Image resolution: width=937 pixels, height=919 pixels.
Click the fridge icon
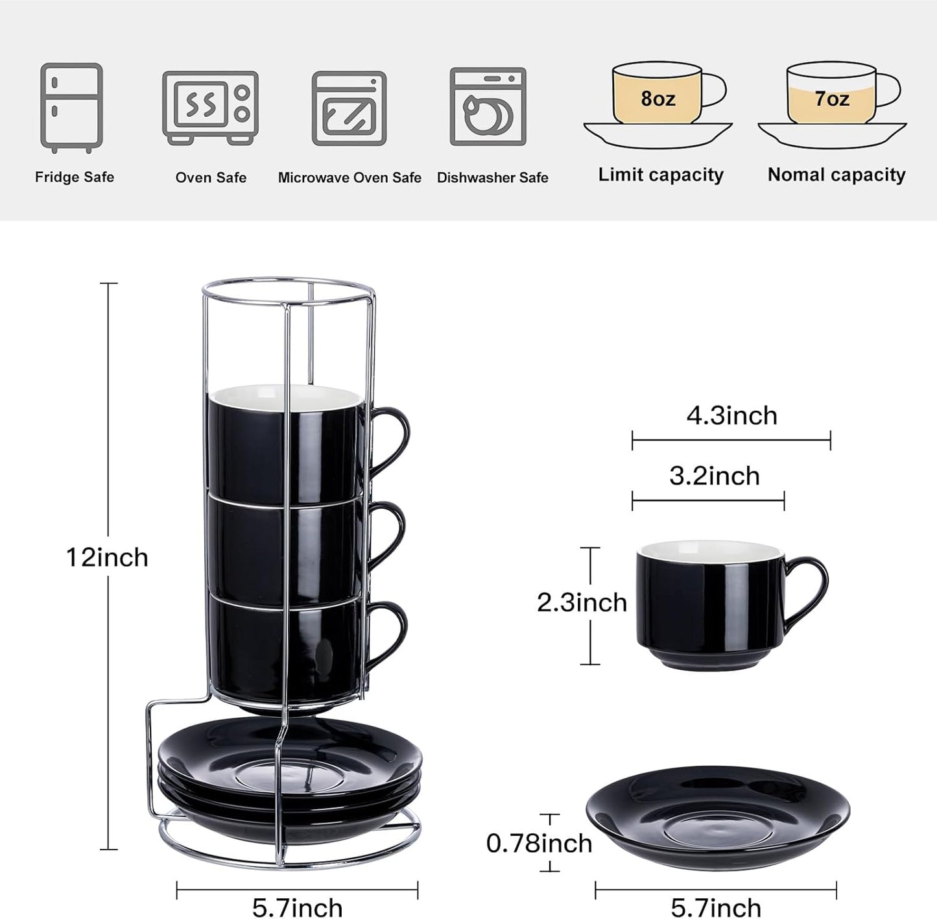click(x=71, y=107)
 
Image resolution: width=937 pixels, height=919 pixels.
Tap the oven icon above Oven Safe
click(x=210, y=107)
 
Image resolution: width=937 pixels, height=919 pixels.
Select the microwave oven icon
click(x=349, y=108)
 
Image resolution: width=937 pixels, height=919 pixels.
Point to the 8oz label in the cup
click(x=658, y=99)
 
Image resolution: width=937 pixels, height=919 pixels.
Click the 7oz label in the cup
click(x=831, y=99)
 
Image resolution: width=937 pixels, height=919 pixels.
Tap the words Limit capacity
click(x=660, y=175)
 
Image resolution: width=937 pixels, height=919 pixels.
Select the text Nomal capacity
click(x=836, y=175)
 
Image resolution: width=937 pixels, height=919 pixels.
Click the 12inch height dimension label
click(x=107, y=558)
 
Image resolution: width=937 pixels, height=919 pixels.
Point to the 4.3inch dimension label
click(x=731, y=415)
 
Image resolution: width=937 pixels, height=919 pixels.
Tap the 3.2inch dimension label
click(x=714, y=476)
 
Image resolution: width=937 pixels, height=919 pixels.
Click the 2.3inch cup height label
click(x=582, y=602)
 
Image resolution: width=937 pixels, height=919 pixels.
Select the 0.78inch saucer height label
click(x=539, y=843)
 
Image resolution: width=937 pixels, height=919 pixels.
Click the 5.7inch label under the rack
click(x=297, y=907)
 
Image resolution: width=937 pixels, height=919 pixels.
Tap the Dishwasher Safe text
click(x=492, y=178)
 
